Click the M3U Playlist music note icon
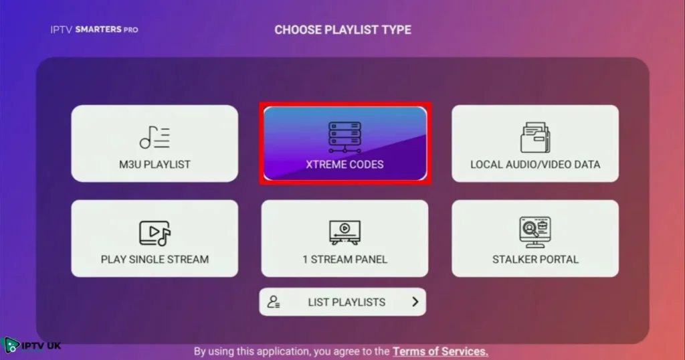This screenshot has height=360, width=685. coord(155,137)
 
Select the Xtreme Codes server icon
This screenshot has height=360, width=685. coord(345,137)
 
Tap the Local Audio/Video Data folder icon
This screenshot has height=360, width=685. coord(535,137)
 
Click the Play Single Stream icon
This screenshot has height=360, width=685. coord(155,233)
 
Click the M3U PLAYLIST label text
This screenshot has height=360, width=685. coord(155,164)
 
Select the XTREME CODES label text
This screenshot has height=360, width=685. coord(345,164)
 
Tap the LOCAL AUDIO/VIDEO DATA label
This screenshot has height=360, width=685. coord(535,164)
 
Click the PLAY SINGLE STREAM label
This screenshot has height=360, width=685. coord(155,259)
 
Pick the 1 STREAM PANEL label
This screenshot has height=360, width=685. coord(345,259)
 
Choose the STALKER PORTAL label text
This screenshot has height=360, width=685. coord(535,259)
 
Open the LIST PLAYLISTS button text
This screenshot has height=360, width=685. coord(347,302)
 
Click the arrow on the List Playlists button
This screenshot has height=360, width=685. coord(415,302)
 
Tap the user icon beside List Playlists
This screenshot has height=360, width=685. coord(274,302)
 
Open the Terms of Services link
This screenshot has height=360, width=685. coord(440,351)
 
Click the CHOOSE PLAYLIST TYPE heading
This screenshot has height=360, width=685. coord(342,29)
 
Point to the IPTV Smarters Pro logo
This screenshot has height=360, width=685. coord(94,29)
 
